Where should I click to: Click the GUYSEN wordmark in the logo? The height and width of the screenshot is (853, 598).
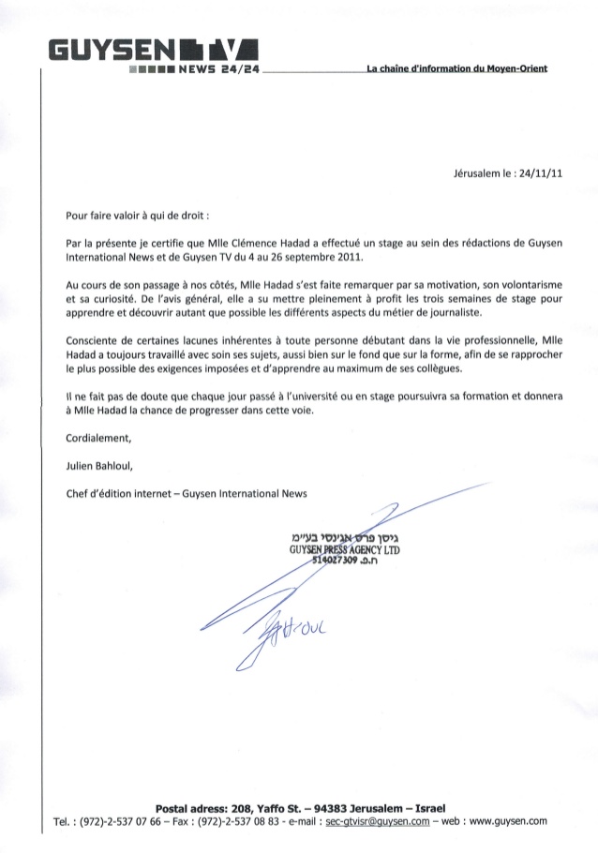pyautogui.click(x=102, y=49)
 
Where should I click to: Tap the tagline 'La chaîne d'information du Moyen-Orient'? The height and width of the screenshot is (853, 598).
pyautogui.click(x=456, y=68)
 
